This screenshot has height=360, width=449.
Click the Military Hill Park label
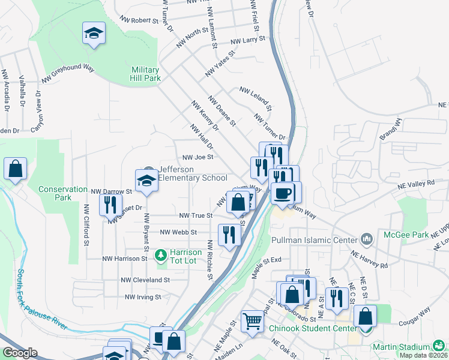pos(146,74)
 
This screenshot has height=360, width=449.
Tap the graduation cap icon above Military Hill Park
pos(94,33)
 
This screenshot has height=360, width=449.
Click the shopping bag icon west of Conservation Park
pos(15,170)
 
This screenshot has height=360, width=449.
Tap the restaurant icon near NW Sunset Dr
pos(110,205)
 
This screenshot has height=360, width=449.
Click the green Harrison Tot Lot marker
pos(160,256)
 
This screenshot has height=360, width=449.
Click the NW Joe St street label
pos(197,158)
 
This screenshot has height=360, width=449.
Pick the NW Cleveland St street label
pos(145,280)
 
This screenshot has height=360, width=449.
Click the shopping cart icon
pos(253,321)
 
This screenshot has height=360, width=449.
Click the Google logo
pos(20,353)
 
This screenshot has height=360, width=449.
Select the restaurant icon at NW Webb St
pos(229,235)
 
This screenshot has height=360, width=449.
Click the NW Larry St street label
pos(249,40)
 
